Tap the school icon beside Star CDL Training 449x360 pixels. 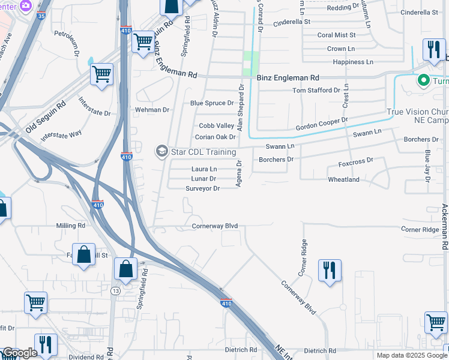click(x=161, y=151)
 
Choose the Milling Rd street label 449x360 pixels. click(x=71, y=226)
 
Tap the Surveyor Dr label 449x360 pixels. click(x=203, y=188)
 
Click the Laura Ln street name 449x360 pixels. click(x=204, y=169)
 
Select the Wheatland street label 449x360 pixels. click(x=343, y=179)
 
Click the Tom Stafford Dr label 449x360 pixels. click(x=316, y=90)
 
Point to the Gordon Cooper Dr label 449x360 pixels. click(x=322, y=124)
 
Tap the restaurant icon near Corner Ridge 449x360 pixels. click(x=330, y=270)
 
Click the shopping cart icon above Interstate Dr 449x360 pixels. click(x=101, y=75)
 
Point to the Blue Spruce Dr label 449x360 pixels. click(x=212, y=103)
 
